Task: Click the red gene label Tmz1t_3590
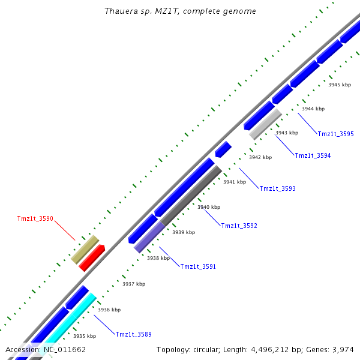35,219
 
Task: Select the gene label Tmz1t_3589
134,334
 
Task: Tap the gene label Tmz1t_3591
198,266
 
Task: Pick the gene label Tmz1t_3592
239,226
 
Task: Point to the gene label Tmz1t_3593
277,189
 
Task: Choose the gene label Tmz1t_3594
313,156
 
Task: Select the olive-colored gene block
85,249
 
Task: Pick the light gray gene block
265,124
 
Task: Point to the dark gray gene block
191,195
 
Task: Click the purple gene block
149,237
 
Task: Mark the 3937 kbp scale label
133,284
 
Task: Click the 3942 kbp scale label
260,157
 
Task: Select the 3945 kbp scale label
339,85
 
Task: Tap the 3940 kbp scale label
209,207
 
